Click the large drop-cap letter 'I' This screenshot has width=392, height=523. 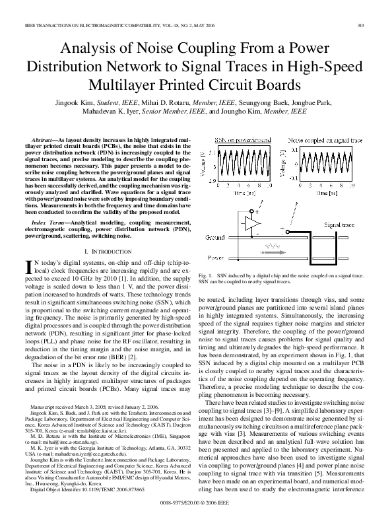[x=28, y=266]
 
